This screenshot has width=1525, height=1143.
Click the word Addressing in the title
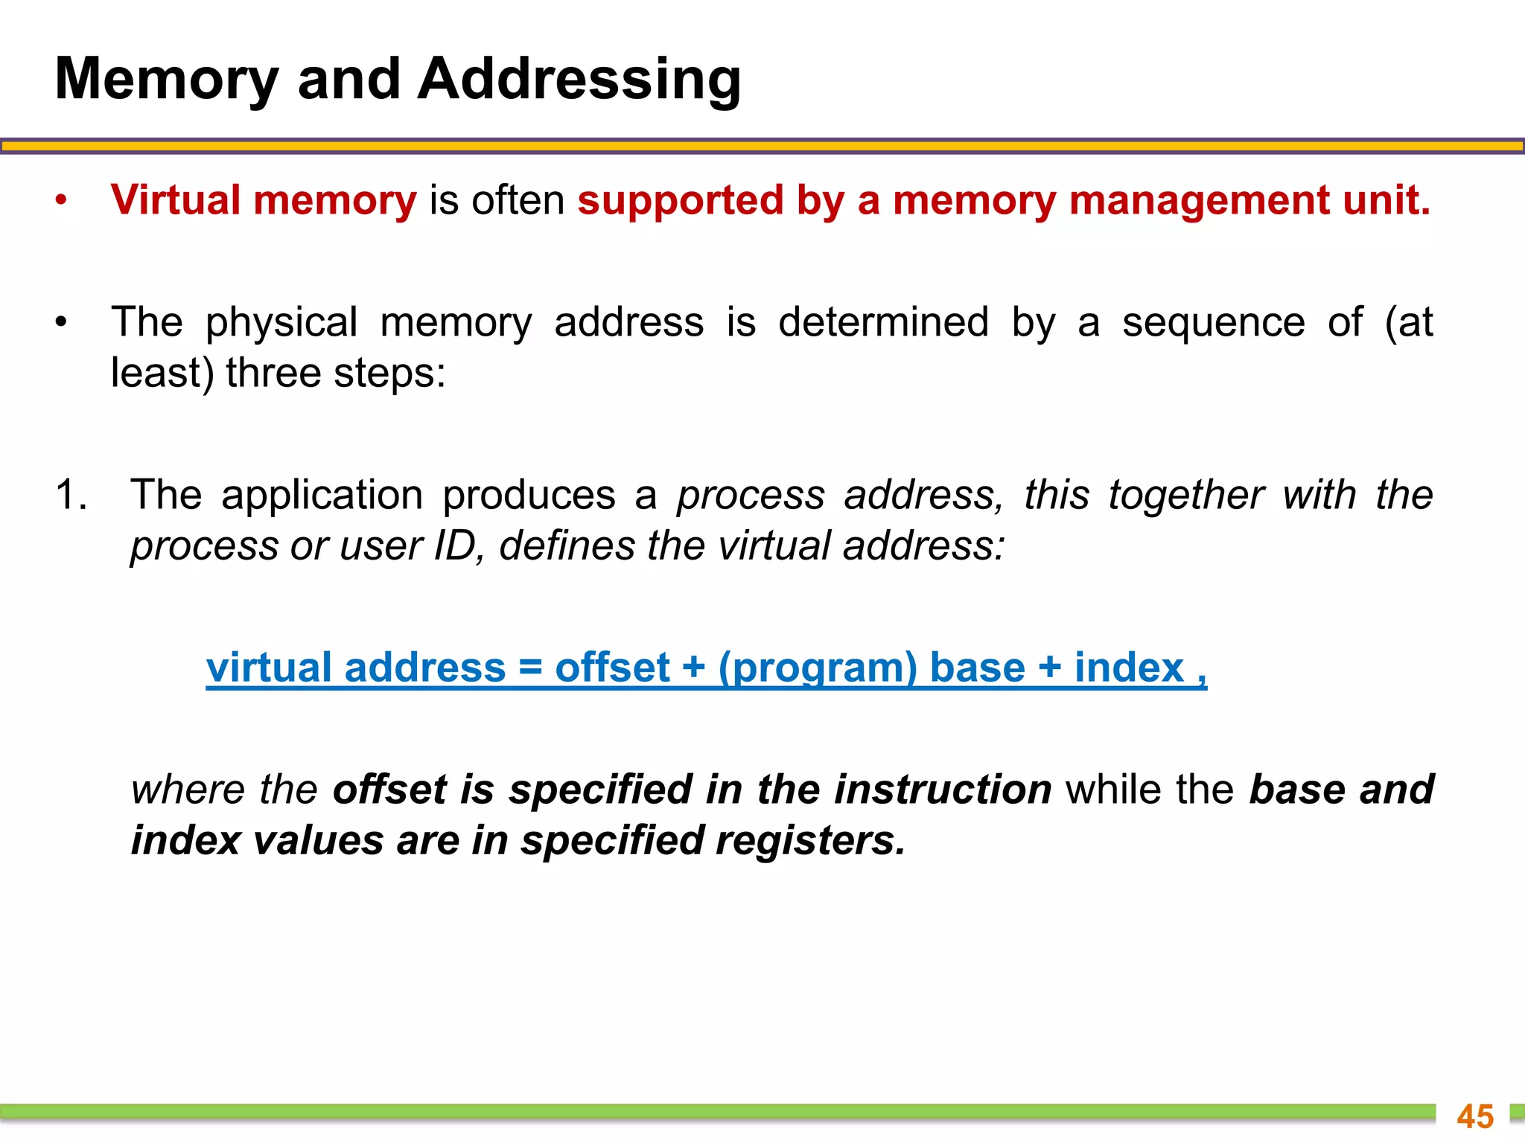click(579, 80)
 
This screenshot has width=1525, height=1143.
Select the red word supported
click(680, 201)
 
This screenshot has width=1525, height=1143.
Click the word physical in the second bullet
click(281, 323)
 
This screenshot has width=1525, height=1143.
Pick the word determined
click(883, 323)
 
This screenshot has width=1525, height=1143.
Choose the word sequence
click(1213, 323)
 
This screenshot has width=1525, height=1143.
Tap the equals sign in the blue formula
click(530, 667)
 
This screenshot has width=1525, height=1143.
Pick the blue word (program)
click(818, 668)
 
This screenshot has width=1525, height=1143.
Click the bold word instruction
click(942, 790)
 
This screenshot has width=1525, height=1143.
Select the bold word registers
click(811, 841)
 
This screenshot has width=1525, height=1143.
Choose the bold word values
click(318, 841)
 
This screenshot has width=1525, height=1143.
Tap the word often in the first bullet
click(518, 201)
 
